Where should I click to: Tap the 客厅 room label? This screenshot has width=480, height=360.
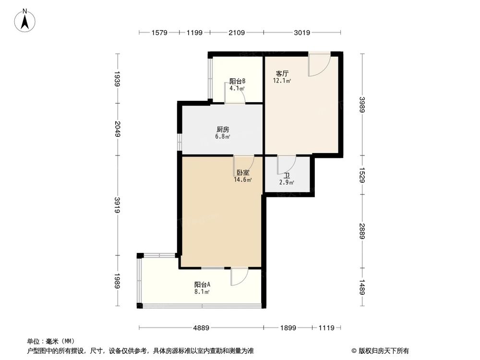coord(282,74)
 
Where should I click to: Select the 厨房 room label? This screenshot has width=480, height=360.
coord(222,129)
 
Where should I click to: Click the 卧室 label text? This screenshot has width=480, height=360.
coord(242,173)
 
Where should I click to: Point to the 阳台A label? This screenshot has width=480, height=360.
coord(202,284)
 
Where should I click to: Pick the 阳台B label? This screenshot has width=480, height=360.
coord(237,81)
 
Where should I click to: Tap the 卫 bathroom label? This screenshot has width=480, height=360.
coord(287,175)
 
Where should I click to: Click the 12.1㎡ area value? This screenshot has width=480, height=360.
coord(282,81)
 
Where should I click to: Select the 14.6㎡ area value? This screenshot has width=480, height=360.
coord(242,180)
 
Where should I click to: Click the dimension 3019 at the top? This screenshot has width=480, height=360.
coord(302,33)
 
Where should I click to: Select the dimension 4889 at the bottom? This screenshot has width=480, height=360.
coord(201,328)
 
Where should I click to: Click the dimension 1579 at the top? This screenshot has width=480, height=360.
coord(159,33)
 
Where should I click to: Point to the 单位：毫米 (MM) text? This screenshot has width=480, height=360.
coord(48,342)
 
